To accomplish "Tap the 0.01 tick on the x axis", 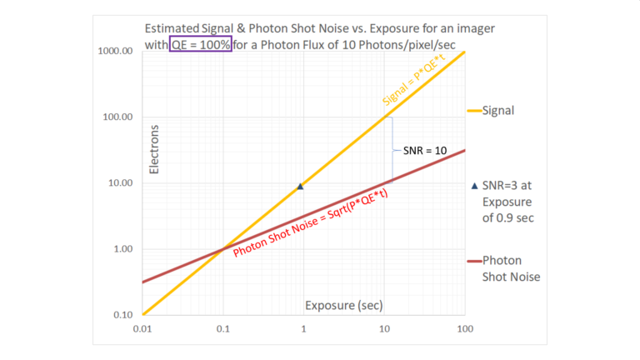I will pos(142,329).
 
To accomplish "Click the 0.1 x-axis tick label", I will pos(222,329).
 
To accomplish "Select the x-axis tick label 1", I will pos(303,329).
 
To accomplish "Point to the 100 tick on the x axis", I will pos(464,329).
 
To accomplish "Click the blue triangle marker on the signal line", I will pos(300,187).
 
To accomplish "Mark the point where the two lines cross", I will pos(222,249).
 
